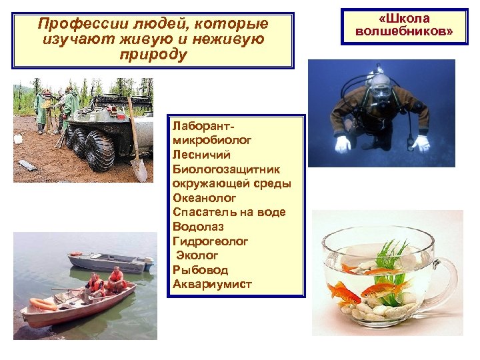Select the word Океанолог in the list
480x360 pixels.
[x=205, y=198]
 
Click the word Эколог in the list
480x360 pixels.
[x=197, y=255]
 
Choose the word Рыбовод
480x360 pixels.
[x=200, y=270]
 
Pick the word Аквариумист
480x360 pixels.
[x=212, y=285]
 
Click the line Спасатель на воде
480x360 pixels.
[x=229, y=212]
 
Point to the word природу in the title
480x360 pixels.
[x=153, y=53]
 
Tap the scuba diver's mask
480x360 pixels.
[x=381, y=89]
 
